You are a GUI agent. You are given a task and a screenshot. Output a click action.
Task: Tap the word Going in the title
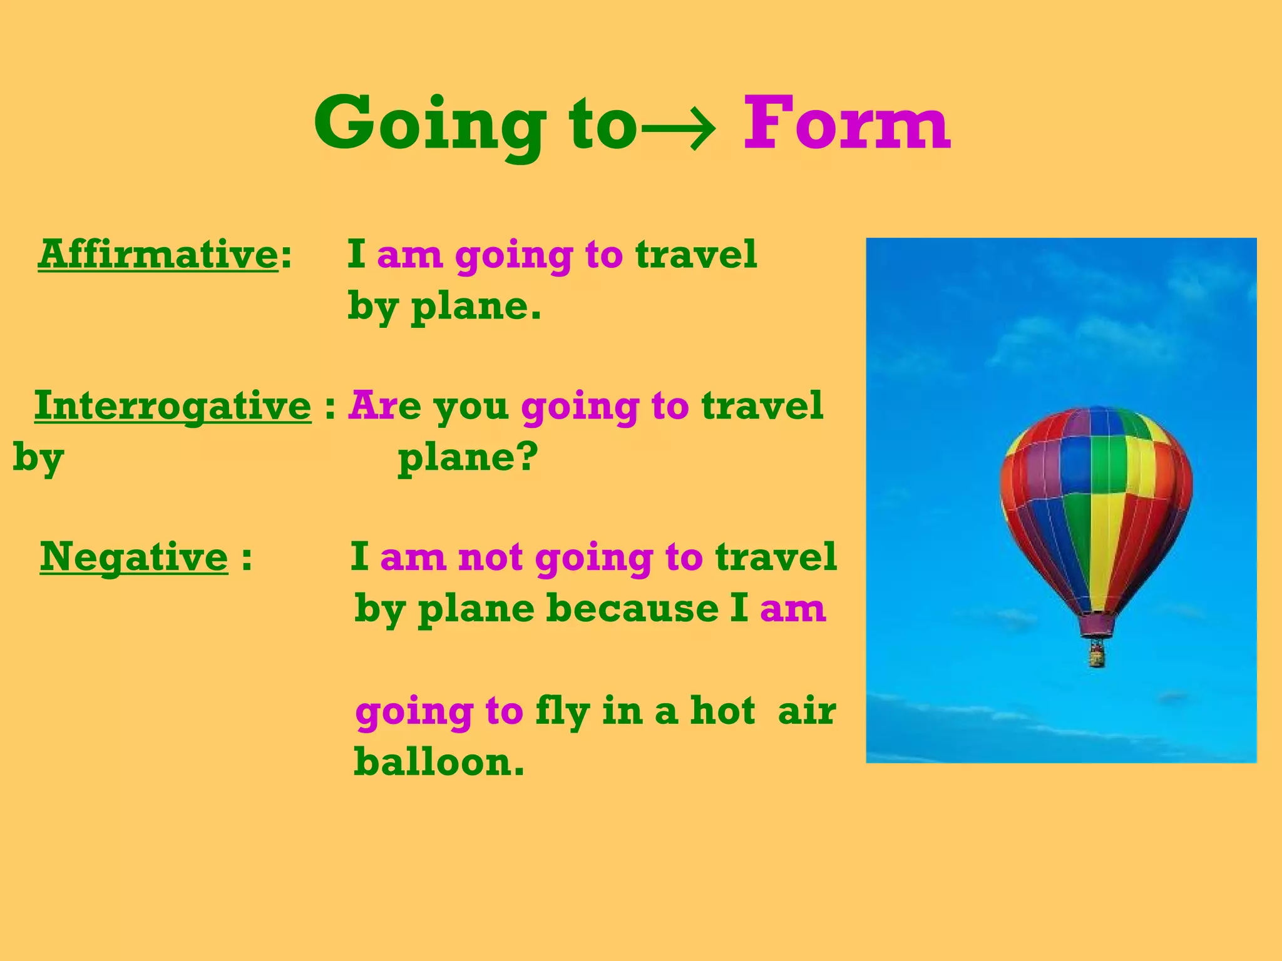pyautogui.click(x=430, y=125)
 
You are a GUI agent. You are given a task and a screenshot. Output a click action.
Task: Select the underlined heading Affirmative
pyautogui.click(x=158, y=255)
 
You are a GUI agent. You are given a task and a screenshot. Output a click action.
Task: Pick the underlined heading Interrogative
pyautogui.click(x=173, y=406)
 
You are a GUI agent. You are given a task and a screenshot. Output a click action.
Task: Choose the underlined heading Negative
pyautogui.click(x=134, y=557)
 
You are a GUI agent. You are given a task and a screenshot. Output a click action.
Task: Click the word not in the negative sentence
pyautogui.click(x=490, y=557)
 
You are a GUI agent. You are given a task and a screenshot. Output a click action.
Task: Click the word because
pyautogui.click(x=632, y=608)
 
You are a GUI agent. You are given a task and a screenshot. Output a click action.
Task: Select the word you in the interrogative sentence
pyautogui.click(x=471, y=407)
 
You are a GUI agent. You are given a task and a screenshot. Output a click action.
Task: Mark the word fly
pyautogui.click(x=562, y=712)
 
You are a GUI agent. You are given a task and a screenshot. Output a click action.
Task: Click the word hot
pyautogui.click(x=722, y=711)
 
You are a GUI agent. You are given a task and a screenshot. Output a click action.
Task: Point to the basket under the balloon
pyautogui.click(x=1096, y=655)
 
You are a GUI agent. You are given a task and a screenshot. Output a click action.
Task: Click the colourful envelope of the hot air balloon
pyautogui.click(x=1095, y=494)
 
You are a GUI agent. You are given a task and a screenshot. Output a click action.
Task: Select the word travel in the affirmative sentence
pyautogui.click(x=695, y=255)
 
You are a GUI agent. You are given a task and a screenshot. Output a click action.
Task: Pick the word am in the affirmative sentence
pyautogui.click(x=409, y=255)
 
